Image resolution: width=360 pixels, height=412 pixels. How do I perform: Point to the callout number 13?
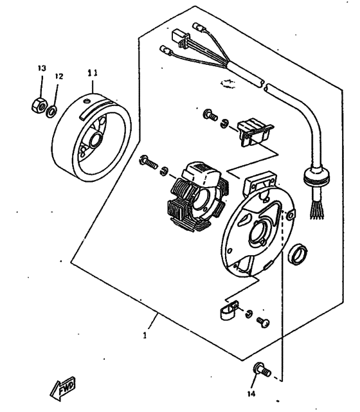tap(41, 68)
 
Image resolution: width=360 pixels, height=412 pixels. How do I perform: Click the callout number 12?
tap(59, 76)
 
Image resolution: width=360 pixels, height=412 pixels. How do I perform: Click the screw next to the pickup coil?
tap(210, 116)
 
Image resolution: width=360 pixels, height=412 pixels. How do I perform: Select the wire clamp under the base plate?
tap(225, 314)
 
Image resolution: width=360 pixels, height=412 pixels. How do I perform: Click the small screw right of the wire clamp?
tap(262, 319)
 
